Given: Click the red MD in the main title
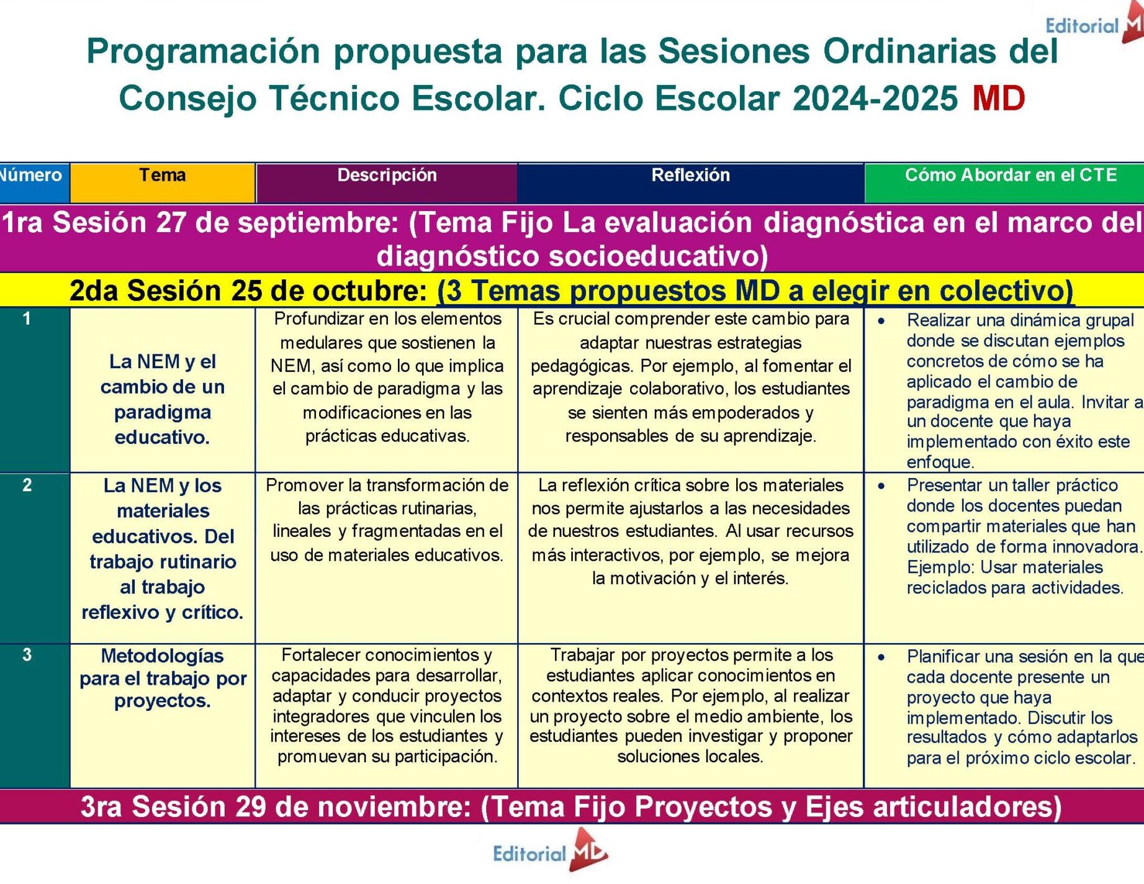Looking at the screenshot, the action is [999, 98].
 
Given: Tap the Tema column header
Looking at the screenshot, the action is [163, 175].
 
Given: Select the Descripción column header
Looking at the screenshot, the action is [387, 175].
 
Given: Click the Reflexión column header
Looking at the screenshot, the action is [690, 175].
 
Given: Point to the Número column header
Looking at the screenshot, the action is [30, 175].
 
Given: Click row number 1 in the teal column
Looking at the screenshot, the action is [27, 319].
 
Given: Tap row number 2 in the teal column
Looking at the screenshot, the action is [27, 485].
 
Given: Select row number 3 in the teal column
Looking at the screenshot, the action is [27, 655].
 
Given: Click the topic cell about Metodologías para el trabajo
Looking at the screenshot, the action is [163, 678].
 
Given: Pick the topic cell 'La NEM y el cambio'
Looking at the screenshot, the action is [163, 399].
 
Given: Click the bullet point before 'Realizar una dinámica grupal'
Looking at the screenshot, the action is [881, 321].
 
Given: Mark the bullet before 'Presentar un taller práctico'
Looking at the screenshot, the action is [881, 486].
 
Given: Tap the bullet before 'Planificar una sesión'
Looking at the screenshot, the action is [881, 657].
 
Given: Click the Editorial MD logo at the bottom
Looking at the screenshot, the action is [550, 850].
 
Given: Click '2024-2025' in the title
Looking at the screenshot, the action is [875, 98].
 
